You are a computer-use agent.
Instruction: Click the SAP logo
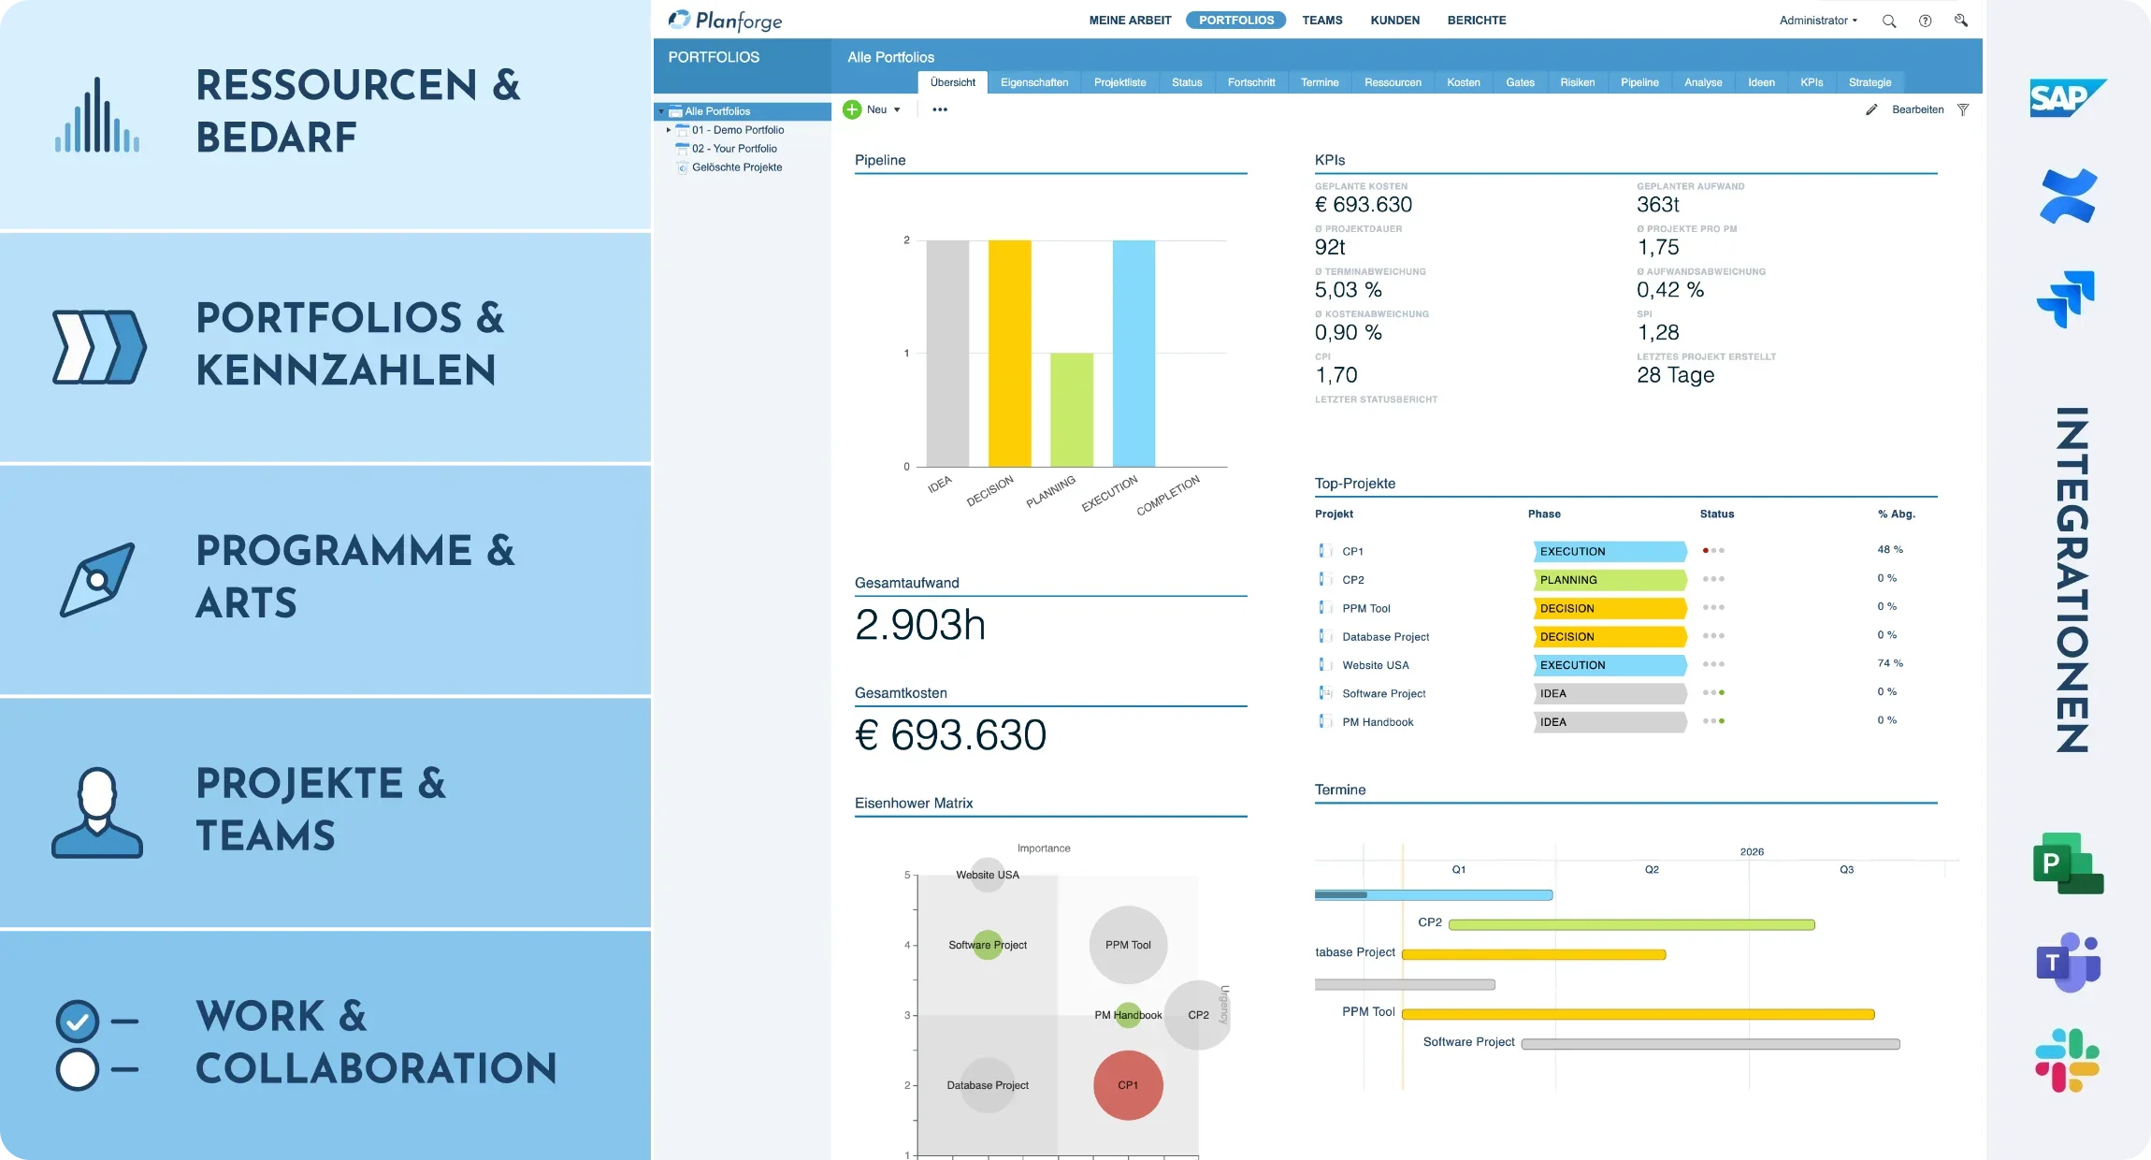pos(2067,98)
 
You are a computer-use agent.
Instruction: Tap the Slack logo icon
pos(2068,1060)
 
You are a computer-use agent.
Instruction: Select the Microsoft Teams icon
pos(2068,962)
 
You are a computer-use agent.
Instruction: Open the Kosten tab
pos(1463,82)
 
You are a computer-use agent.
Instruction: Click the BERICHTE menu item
pos(1476,20)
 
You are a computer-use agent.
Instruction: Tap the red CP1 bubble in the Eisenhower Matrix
pos(1128,1085)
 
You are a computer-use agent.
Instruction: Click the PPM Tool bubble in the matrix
pos(1128,945)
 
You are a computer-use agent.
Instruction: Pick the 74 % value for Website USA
pos(1889,663)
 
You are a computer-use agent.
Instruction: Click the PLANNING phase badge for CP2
pos(1609,580)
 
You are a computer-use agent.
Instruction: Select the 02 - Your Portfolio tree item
pos(734,149)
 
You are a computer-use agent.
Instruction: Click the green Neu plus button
pos(852,109)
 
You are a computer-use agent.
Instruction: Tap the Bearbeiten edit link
pos(1916,109)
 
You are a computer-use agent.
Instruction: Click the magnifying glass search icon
pos(1888,21)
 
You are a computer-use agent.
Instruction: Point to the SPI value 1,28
pos(1657,332)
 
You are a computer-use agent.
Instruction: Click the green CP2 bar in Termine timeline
pos(1631,924)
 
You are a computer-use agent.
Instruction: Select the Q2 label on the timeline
pos(1652,870)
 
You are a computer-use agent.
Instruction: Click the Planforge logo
pos(725,20)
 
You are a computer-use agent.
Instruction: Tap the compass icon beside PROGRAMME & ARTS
pos(97,579)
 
